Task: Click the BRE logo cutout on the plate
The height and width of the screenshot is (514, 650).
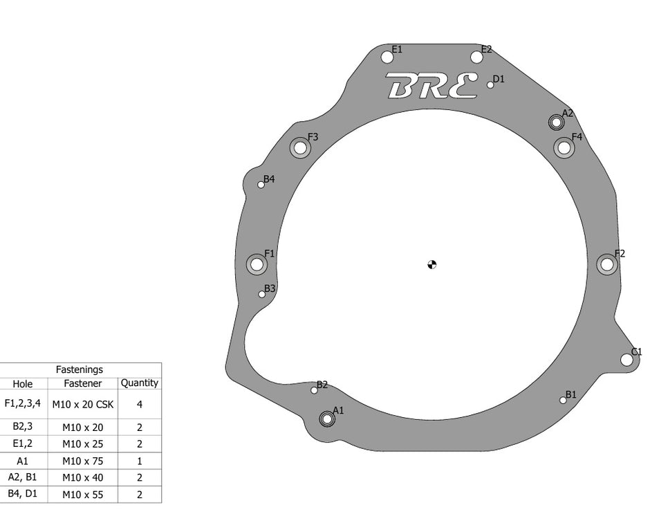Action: coord(431,86)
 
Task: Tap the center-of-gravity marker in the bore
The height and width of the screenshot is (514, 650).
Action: coord(432,264)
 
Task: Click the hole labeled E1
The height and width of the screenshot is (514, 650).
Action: coord(387,57)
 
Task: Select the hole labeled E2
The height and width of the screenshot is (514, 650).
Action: coord(476,57)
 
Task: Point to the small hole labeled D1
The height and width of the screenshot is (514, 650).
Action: coord(490,85)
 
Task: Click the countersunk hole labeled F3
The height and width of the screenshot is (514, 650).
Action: coord(299,147)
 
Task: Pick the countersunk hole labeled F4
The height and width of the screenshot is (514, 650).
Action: coord(564,147)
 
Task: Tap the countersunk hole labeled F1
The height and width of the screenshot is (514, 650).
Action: coord(257,264)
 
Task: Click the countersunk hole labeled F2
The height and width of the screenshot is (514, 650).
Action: coord(606,264)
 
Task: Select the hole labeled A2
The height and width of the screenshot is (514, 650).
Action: coord(555,122)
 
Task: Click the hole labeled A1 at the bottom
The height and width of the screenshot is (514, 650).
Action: coord(326,419)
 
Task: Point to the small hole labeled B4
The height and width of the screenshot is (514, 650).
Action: coord(261,184)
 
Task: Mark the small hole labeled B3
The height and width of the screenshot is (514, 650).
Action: coord(262,294)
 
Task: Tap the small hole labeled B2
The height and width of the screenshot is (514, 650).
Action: coord(314,390)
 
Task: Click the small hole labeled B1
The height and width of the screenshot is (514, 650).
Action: coord(563,400)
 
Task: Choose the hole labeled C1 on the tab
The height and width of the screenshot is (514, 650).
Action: coord(626,359)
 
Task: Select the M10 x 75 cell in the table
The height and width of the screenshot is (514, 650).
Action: coord(82,461)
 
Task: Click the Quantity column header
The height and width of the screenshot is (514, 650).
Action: coord(139,383)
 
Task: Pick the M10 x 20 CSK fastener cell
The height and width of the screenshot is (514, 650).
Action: coord(82,404)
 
